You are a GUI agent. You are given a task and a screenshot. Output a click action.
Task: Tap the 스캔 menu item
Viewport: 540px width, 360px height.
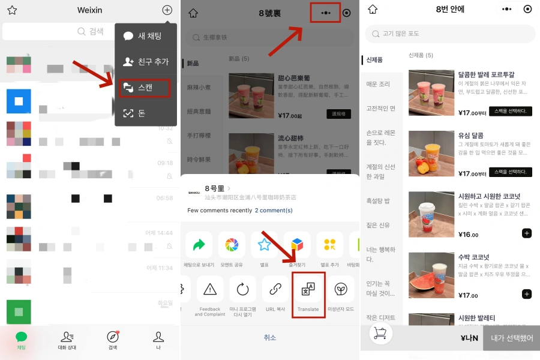point(145,88)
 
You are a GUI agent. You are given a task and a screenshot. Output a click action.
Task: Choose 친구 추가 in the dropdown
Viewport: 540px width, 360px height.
point(146,62)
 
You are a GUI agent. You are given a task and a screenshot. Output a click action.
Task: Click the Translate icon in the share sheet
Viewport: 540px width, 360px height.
point(308,290)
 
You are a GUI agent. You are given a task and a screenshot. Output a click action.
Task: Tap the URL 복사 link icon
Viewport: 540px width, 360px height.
point(275,290)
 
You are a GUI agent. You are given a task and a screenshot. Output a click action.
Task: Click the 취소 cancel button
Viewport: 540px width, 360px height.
point(270,338)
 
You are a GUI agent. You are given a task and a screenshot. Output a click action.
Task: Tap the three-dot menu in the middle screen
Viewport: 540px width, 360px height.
point(326,13)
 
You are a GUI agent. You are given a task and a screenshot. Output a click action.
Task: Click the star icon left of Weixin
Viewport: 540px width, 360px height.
point(12,10)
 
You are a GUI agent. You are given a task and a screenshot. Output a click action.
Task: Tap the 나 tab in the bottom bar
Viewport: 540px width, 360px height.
point(158,340)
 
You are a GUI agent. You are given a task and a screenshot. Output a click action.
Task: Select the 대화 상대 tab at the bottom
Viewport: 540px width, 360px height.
point(67,340)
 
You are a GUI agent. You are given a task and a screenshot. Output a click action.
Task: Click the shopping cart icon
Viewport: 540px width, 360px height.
point(379,334)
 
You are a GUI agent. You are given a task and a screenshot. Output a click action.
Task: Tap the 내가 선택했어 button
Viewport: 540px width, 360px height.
point(511,338)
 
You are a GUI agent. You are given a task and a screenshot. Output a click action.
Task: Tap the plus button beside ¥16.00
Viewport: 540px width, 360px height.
point(526,233)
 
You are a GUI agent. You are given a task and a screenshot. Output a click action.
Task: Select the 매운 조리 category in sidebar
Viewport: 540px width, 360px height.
point(378,84)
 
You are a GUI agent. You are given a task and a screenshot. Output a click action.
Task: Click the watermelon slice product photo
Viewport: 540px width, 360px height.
point(431,275)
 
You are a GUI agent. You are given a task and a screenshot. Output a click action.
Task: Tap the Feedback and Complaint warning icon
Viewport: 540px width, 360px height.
point(210,290)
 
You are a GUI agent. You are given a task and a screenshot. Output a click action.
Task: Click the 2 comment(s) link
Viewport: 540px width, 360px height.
point(274,211)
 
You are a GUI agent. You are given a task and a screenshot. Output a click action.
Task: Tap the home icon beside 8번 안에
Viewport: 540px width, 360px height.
point(373,10)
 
